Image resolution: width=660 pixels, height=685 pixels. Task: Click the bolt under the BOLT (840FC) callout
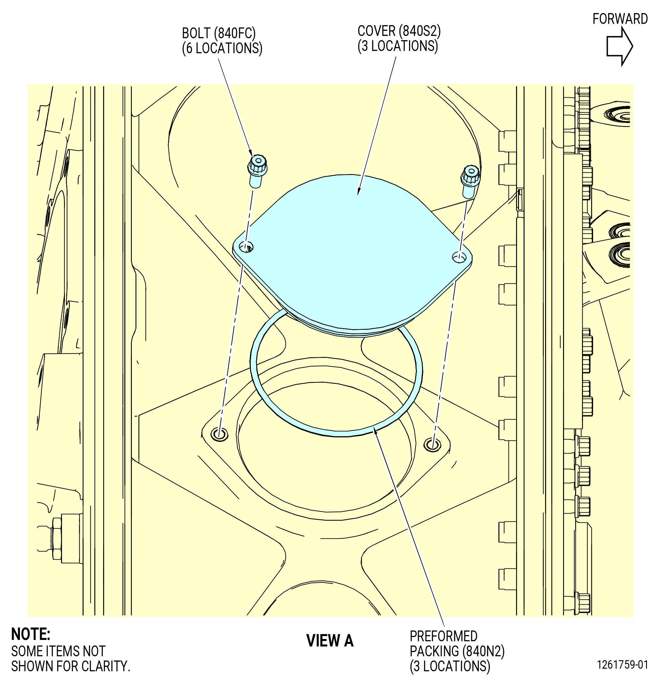tap(257, 170)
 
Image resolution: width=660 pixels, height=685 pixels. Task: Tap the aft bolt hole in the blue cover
tap(246, 247)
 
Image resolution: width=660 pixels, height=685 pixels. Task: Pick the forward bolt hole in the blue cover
tap(459, 258)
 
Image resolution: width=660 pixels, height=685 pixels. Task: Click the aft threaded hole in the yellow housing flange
tap(219, 435)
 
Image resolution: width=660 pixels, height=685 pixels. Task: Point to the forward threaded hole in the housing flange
tap(432, 445)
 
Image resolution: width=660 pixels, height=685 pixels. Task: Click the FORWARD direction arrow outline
tap(620, 46)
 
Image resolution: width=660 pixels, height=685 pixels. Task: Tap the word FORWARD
tap(620, 19)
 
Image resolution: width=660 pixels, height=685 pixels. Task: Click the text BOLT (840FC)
tap(219, 33)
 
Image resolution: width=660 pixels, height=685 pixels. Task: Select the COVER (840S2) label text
tap(399, 31)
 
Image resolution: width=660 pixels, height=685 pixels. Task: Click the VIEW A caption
tap(330, 641)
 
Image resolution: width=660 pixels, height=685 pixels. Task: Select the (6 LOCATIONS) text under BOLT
tap(222, 48)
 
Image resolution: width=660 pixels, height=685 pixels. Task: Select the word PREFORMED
tap(443, 636)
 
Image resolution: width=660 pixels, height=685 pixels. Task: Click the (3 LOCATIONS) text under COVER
tap(398, 46)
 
